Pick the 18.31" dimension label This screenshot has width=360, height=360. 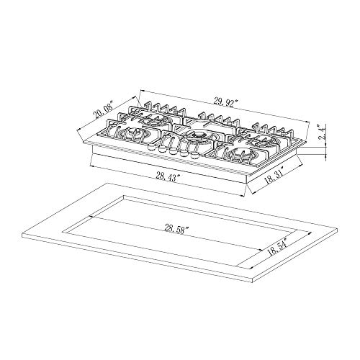(274, 181)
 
